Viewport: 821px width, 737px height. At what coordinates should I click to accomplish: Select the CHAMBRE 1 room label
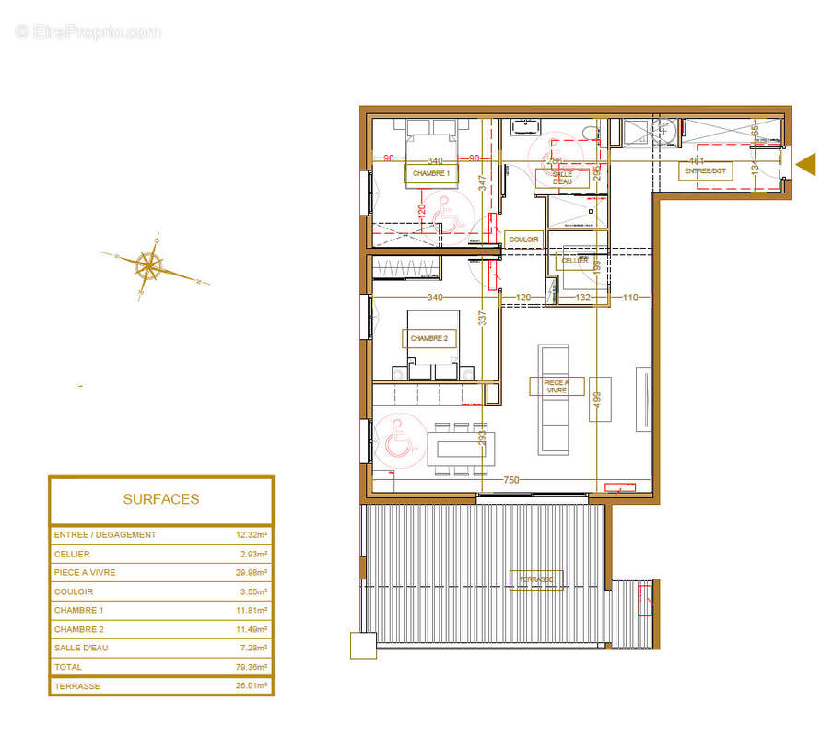click(431, 173)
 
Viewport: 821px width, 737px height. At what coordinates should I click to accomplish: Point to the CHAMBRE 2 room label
click(429, 339)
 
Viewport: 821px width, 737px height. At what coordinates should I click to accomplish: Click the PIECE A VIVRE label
click(557, 386)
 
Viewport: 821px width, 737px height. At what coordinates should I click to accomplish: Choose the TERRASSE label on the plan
click(536, 579)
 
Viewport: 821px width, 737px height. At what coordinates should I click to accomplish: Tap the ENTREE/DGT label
click(706, 171)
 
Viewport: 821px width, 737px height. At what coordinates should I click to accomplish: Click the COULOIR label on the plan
click(523, 240)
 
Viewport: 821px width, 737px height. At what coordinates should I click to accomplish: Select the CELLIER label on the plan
click(574, 261)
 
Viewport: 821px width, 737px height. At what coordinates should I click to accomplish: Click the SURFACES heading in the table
click(161, 499)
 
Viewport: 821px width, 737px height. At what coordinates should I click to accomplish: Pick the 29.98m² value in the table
click(251, 573)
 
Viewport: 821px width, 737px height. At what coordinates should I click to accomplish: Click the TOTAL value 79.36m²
click(251, 667)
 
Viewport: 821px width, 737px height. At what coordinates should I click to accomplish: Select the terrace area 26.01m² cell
click(251, 686)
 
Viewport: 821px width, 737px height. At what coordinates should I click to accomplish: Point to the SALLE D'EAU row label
click(81, 649)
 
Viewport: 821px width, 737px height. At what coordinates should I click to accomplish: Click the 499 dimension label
click(598, 399)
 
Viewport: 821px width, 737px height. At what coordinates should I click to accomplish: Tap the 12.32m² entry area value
click(251, 535)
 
